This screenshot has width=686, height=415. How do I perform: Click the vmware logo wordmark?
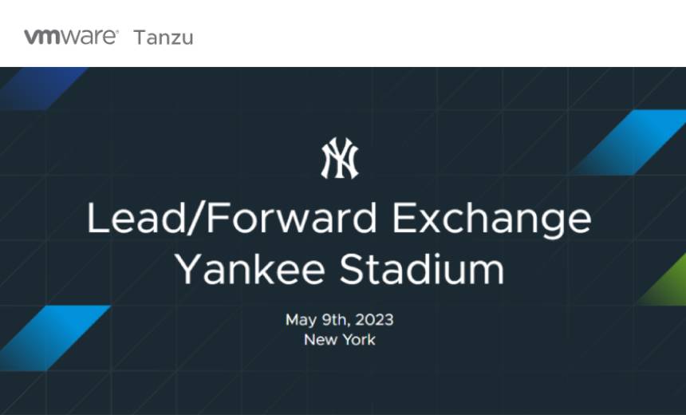click(x=71, y=37)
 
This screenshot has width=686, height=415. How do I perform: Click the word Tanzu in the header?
click(x=164, y=38)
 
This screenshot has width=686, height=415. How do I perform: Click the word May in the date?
click(x=301, y=320)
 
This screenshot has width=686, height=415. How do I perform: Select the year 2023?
click(x=374, y=320)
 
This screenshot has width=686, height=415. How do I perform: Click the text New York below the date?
click(x=339, y=339)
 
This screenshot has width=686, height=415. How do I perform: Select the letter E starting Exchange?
click(x=406, y=219)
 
